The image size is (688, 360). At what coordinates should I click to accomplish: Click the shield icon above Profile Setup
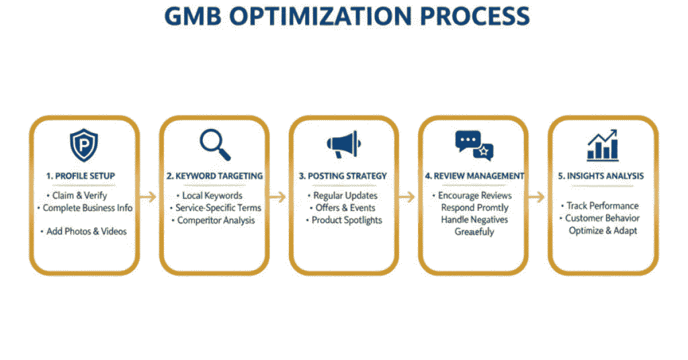(84, 145)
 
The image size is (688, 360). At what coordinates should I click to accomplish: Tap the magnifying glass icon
(215, 144)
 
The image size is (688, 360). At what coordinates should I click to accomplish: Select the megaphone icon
(344, 144)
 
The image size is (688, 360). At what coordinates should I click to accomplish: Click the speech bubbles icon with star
(474, 145)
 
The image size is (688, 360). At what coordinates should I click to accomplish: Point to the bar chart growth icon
(603, 145)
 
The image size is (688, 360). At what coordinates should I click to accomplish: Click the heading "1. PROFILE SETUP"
(81, 176)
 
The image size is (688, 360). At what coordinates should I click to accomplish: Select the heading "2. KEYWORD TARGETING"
(214, 176)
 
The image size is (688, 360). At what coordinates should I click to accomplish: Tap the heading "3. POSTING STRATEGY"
(343, 176)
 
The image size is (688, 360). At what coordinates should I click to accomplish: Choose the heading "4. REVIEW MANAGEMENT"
(474, 176)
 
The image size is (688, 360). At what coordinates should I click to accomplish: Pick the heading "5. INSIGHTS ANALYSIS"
(601, 176)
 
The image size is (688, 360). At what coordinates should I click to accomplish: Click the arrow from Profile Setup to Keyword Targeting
(148, 196)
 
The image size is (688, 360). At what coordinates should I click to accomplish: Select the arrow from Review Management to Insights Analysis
(537, 196)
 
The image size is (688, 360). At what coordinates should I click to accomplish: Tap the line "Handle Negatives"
(474, 220)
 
